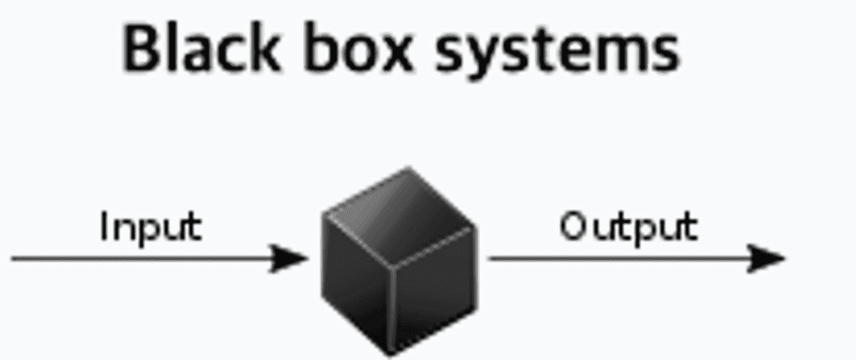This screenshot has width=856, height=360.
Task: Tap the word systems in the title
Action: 557,51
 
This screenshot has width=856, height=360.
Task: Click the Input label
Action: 151,226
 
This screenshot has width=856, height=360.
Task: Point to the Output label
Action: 628,226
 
